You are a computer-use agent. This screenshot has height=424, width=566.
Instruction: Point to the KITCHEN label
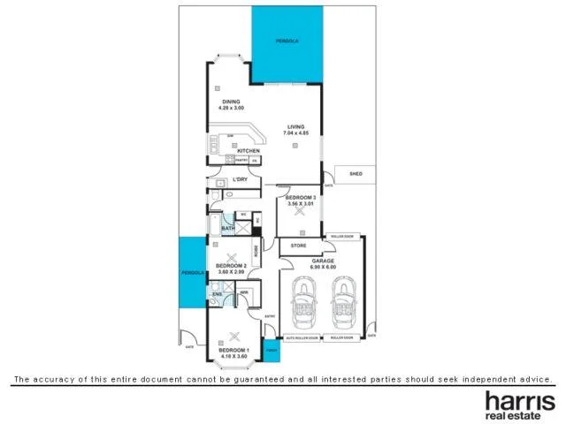(x=248, y=151)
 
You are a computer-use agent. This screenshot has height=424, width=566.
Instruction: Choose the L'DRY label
(x=239, y=180)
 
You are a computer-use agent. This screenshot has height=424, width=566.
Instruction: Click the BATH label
(x=227, y=229)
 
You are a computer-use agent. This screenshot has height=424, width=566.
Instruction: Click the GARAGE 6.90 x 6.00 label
(x=321, y=264)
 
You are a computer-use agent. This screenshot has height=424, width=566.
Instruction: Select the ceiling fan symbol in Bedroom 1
(x=234, y=336)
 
